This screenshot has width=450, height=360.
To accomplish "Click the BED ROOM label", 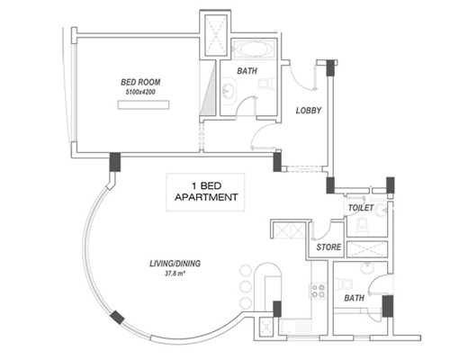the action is [x=140, y=82].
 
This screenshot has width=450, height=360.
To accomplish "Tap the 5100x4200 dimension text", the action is [x=140, y=92].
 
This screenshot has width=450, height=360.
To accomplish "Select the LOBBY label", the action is [x=309, y=111].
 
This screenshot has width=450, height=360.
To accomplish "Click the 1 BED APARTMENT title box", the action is [x=205, y=193].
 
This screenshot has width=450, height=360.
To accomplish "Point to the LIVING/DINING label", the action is [x=175, y=264].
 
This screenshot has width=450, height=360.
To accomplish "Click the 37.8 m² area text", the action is [x=175, y=274].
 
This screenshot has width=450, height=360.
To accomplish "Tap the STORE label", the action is [x=328, y=247].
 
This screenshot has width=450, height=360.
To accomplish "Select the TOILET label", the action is [x=361, y=208].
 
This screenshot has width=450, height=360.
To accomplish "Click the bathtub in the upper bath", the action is [x=253, y=49].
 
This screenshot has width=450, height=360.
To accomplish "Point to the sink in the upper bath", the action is [x=229, y=90].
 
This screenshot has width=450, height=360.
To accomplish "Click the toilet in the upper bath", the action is [x=266, y=83].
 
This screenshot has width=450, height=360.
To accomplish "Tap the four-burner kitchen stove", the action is [x=318, y=291].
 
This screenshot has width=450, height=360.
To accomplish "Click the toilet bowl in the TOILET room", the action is [x=362, y=226].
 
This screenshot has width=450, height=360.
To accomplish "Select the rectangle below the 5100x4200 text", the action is [x=143, y=105].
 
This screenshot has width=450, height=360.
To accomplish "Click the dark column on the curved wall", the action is [x=117, y=318].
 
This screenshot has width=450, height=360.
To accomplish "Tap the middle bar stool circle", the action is [x=246, y=287].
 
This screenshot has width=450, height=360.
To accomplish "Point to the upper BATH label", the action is [x=247, y=71].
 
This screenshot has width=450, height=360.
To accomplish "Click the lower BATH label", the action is [x=354, y=298].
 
